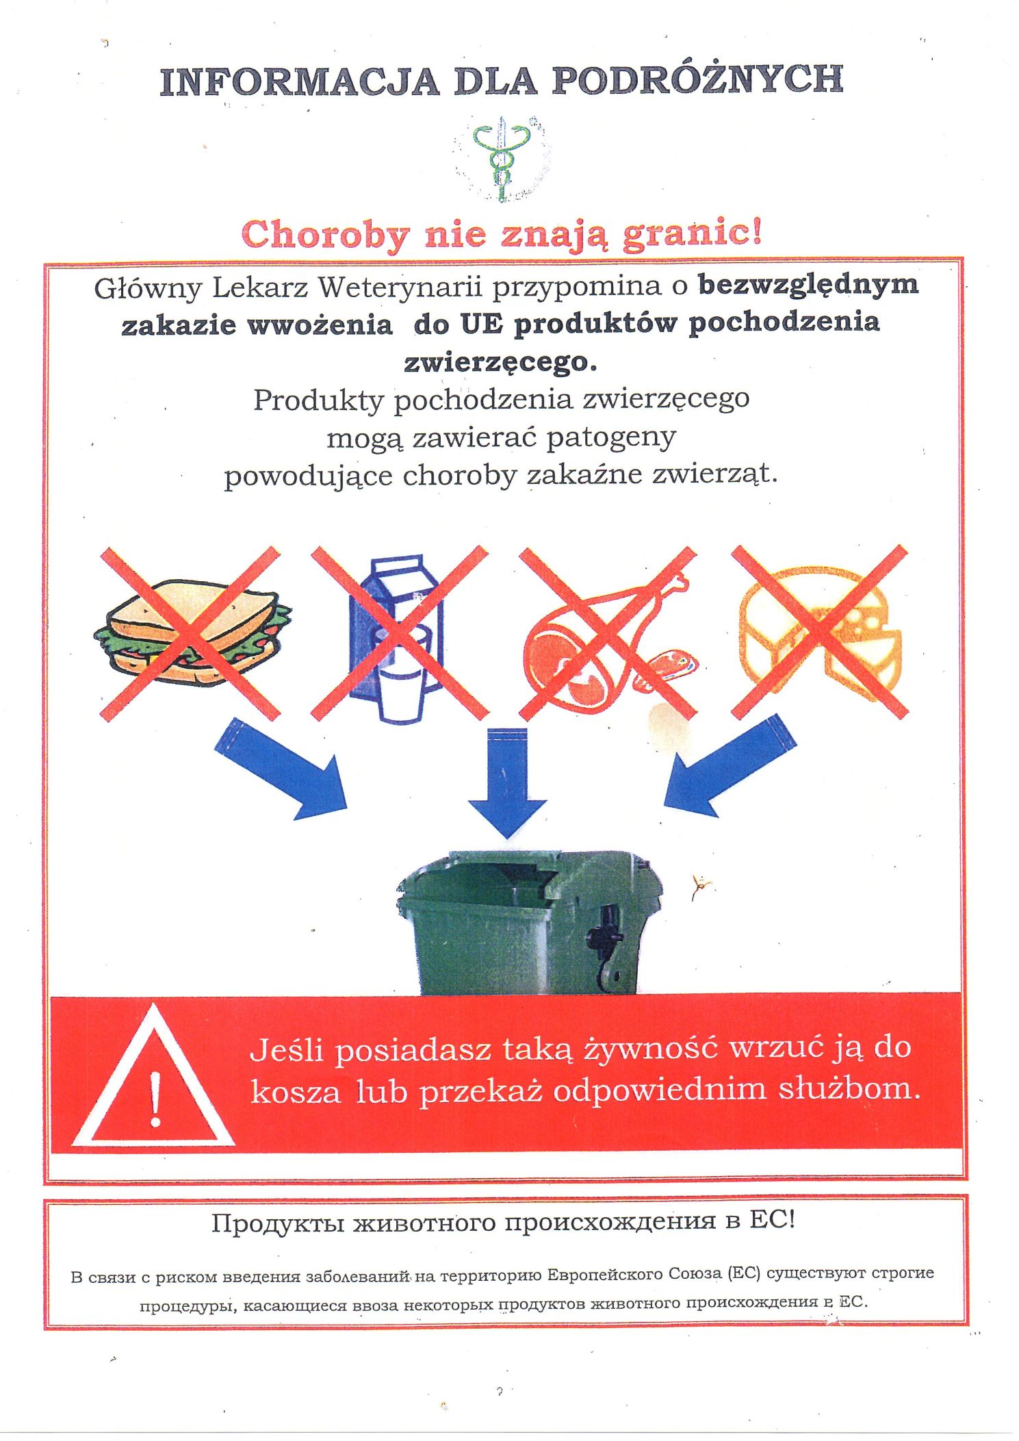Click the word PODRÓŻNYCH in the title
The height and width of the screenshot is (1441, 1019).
pyautogui.click(x=697, y=81)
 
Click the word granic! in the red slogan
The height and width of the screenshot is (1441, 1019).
pyautogui.click(x=691, y=234)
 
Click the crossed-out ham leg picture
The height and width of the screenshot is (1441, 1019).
pyautogui.click(x=609, y=633)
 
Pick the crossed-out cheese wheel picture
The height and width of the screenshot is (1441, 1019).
pyautogui.click(x=820, y=631)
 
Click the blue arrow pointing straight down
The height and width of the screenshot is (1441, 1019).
pyautogui.click(x=507, y=783)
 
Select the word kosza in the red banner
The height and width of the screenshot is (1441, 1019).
pyautogui.click(x=296, y=1091)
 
